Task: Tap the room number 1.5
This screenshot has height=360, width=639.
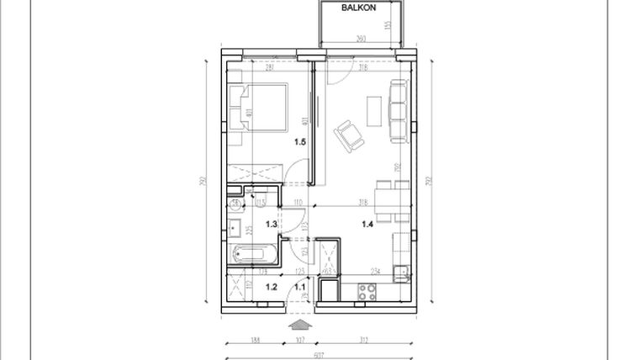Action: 300,142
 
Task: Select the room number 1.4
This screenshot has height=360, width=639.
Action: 367,225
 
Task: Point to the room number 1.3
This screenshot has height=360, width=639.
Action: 272,224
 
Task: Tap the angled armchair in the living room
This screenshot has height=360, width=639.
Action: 348,135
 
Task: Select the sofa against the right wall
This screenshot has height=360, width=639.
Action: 399,110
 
